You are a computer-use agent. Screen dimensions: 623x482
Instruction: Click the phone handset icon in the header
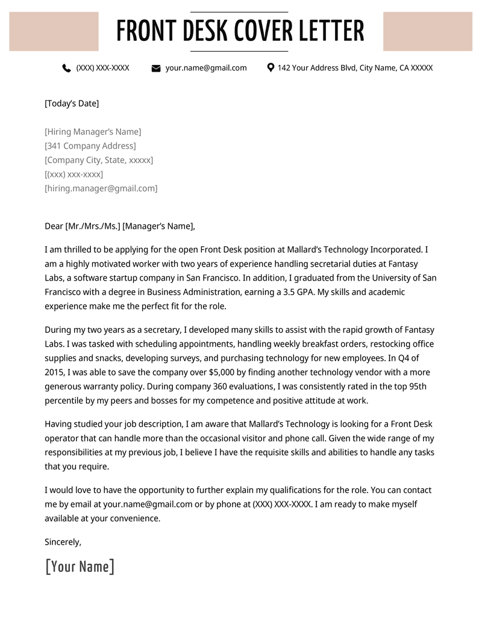click(66, 68)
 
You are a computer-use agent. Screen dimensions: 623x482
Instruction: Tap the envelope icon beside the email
click(156, 69)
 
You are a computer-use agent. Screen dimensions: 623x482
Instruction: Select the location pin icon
click(271, 68)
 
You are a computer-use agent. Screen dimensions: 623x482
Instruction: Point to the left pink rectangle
click(54, 31)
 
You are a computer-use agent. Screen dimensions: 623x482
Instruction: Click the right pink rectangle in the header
click(428, 31)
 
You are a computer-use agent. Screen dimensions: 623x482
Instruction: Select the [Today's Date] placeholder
click(72, 104)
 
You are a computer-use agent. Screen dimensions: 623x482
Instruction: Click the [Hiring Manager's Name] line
click(93, 132)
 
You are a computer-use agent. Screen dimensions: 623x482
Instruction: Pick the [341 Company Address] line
click(90, 146)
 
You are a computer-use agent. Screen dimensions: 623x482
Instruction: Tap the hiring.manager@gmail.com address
click(101, 188)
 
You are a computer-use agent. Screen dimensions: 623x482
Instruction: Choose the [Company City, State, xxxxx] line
click(99, 160)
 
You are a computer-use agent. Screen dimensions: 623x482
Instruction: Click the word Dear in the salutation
click(54, 226)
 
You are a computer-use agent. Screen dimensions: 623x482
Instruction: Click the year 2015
click(55, 373)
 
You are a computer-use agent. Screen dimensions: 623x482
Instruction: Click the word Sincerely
click(63, 542)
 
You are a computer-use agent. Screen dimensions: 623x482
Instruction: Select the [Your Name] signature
click(80, 566)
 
